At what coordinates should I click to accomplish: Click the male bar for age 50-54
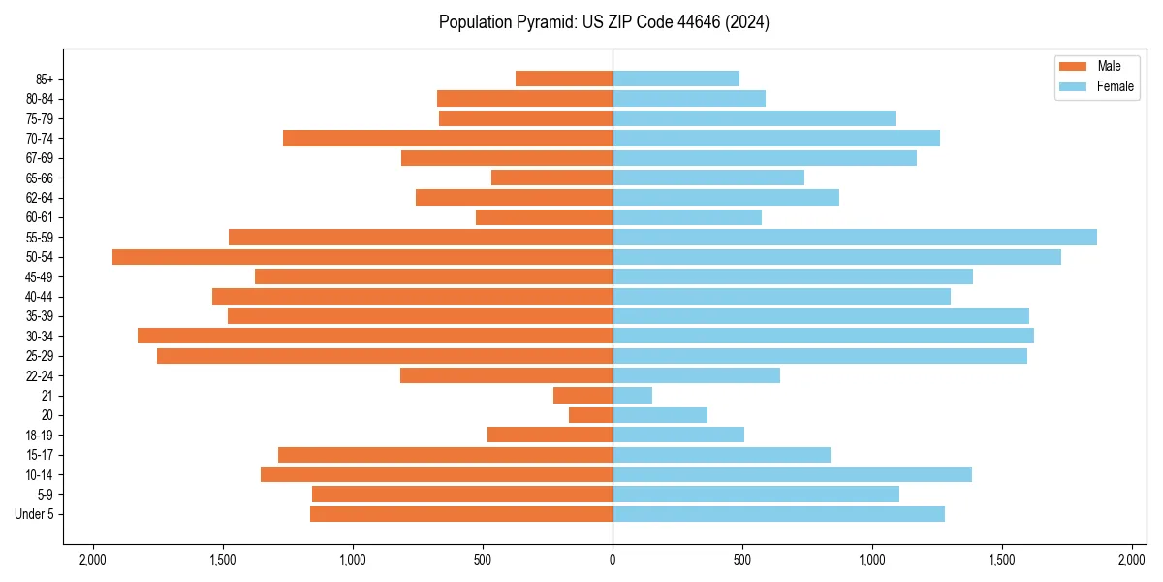pyautogui.click(x=362, y=257)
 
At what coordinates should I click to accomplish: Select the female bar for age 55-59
pyautogui.click(x=854, y=237)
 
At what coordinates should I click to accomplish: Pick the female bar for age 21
pyautogui.click(x=632, y=395)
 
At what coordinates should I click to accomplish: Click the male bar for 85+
pyautogui.click(x=564, y=79)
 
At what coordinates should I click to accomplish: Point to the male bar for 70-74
pyautogui.click(x=448, y=139)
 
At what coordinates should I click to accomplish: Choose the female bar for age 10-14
pyautogui.click(x=792, y=474)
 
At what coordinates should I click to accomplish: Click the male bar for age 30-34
pyautogui.click(x=375, y=336)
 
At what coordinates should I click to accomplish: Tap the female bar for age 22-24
pyautogui.click(x=696, y=375)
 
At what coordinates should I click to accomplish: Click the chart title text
pyautogui.click(x=604, y=22)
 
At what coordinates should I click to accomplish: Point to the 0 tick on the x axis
pyautogui.click(x=613, y=560)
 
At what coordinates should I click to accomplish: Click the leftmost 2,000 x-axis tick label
pyautogui.click(x=93, y=560)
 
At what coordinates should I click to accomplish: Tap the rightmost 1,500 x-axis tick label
pyautogui.click(x=1002, y=560)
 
